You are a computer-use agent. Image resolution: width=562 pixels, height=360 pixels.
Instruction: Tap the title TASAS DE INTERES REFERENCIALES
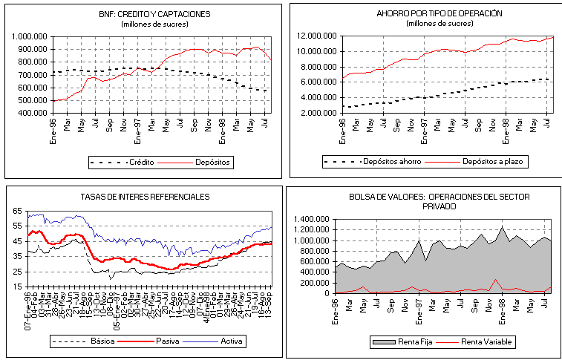pos(145,197)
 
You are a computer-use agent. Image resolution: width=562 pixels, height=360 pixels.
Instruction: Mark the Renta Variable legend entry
pos(486,341)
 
